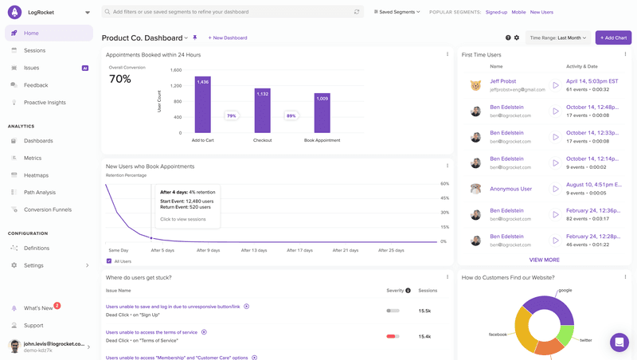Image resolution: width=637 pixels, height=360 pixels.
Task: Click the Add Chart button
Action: (613, 37)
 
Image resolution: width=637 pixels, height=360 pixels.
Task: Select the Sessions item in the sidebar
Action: (34, 50)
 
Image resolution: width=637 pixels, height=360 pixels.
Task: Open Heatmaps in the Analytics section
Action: (36, 175)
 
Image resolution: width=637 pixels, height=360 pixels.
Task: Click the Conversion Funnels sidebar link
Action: (47, 209)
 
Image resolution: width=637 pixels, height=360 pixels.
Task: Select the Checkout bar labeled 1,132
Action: (262, 111)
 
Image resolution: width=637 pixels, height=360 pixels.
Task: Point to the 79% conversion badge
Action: (232, 115)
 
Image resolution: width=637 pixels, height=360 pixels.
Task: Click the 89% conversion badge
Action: (291, 115)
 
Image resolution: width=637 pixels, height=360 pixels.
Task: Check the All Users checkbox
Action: (109, 261)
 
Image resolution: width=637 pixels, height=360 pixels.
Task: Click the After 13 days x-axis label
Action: (254, 250)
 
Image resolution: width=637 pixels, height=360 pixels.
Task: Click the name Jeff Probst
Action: (505, 81)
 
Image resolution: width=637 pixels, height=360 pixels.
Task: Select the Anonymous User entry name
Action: (510, 189)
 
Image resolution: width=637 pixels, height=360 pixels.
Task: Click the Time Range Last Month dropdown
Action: (557, 37)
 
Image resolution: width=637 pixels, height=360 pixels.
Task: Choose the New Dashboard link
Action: (228, 37)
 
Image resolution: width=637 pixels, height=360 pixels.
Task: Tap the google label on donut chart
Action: (565, 291)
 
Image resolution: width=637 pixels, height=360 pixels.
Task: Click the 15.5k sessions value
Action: (425, 311)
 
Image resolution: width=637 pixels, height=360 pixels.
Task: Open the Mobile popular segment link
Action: (518, 13)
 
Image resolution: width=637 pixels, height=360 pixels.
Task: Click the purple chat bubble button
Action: (619, 342)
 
